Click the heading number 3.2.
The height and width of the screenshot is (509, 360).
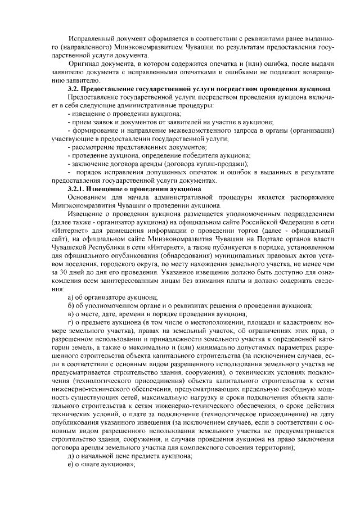73,89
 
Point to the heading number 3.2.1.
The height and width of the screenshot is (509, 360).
75,188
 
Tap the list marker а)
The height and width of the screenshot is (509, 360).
71,297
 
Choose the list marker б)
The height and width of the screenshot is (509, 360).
71,305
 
